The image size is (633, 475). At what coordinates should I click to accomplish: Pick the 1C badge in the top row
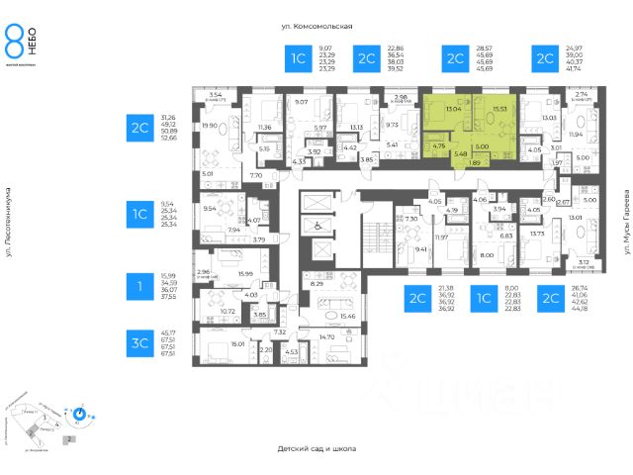(298, 59)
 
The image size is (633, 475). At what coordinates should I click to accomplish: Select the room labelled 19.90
(209, 126)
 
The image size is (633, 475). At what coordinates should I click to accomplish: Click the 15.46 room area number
(348, 316)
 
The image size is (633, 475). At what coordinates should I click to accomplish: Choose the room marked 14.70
(327, 337)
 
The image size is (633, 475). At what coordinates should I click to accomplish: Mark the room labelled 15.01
(237, 345)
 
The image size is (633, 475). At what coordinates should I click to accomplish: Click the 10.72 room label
(226, 311)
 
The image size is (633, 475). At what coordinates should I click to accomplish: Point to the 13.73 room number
(537, 233)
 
